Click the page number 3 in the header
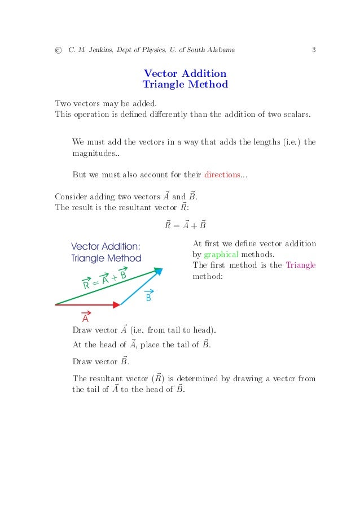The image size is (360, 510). (x=313, y=50)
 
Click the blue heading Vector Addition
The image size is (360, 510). (x=185, y=73)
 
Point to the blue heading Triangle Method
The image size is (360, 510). (x=185, y=85)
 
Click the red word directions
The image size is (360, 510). (x=222, y=175)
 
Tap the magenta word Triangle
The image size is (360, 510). (x=301, y=265)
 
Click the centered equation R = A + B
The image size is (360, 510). (x=185, y=225)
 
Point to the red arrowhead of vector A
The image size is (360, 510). (x=117, y=304)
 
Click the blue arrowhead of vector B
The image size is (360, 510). (x=159, y=272)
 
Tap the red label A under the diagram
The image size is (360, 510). (x=86, y=317)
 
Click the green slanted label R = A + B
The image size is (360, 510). (x=105, y=280)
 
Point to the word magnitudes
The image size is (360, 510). (x=90, y=153)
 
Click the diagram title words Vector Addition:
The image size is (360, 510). (x=106, y=246)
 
